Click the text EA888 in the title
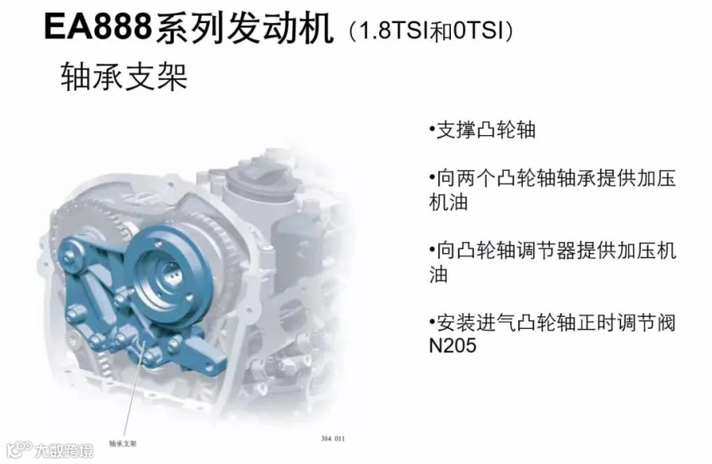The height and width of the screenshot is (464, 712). (97, 26)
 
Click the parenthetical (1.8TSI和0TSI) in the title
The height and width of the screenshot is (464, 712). (431, 30)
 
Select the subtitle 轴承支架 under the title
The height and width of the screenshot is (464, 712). (124, 77)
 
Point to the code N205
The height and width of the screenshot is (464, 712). (453, 345)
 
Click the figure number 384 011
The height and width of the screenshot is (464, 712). (333, 439)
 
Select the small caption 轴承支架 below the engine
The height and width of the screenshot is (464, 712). (123, 443)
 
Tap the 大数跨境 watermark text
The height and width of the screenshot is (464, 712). (64, 451)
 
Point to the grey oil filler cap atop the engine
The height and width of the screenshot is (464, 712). (259, 176)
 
